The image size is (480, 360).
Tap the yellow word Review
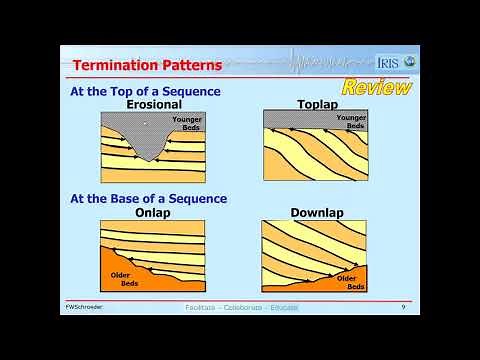377,87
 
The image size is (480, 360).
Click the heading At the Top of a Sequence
145,92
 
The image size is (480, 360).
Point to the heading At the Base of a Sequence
148,199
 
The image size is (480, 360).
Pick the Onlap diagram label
151,212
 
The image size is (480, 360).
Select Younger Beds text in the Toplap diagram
351,122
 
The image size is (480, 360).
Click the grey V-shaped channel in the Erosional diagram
148,140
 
